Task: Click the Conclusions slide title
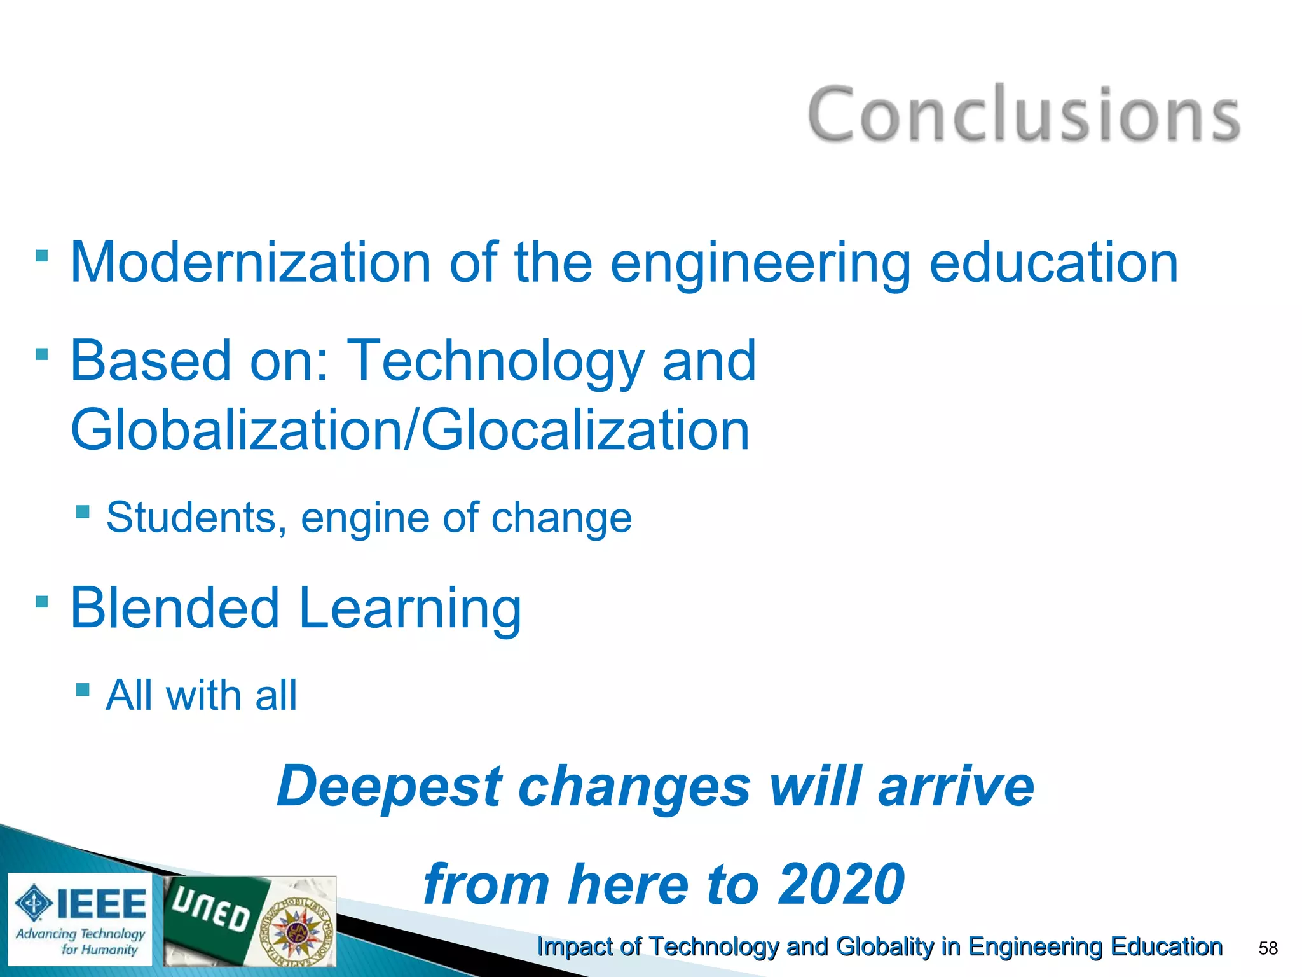click(x=1024, y=114)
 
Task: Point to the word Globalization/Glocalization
click(x=410, y=431)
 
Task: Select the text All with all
click(x=201, y=695)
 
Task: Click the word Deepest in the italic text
click(x=389, y=787)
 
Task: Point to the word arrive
click(x=956, y=786)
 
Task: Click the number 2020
click(x=842, y=884)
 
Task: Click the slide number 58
click(x=1268, y=948)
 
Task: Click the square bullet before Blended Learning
click(x=42, y=601)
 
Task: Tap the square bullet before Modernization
click(x=42, y=256)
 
